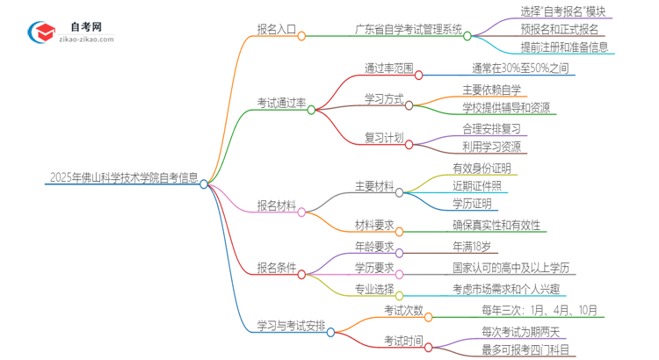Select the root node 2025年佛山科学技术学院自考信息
pyautogui.click(x=122, y=176)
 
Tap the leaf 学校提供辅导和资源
pyautogui.click(x=506, y=108)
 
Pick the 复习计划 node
pyautogui.click(x=383, y=136)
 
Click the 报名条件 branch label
pyautogui.click(x=275, y=266)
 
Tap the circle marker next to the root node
pyautogui.click(x=204, y=184)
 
